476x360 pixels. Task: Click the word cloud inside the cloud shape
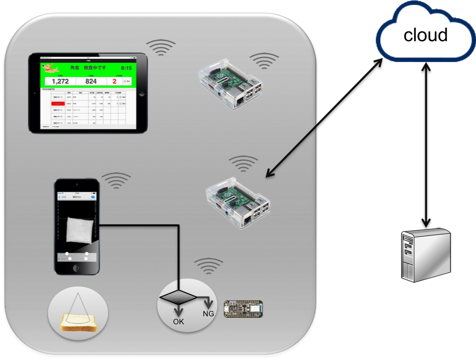click(425, 35)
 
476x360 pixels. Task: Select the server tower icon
click(425, 254)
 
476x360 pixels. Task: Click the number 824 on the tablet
click(91, 81)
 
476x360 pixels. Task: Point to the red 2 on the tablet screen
click(114, 81)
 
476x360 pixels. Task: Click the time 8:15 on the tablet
click(126, 68)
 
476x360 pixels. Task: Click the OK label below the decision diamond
click(178, 322)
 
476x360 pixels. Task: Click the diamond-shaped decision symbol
click(177, 297)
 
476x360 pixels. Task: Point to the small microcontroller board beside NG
click(244, 309)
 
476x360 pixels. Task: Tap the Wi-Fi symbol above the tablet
click(160, 47)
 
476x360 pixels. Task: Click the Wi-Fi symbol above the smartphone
click(116, 181)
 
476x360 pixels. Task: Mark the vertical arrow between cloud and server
click(425, 144)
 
